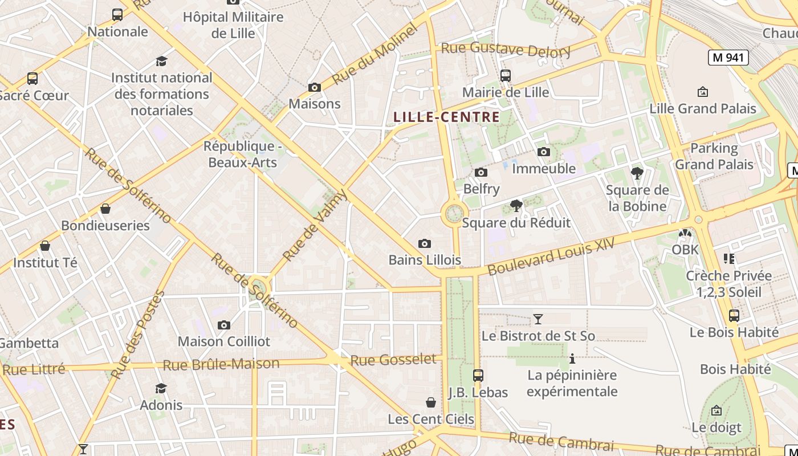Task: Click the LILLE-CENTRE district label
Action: point(446,117)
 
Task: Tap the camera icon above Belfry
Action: point(481,172)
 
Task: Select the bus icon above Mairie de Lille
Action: point(505,75)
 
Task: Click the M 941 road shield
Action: point(728,57)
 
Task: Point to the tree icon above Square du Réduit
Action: point(516,206)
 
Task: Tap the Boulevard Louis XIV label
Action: point(551,256)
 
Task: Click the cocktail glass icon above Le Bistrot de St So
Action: point(538,319)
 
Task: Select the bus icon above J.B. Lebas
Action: point(478,376)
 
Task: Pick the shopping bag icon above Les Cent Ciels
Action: point(431,402)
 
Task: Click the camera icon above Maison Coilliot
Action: point(224,325)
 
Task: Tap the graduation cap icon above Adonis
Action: point(161,388)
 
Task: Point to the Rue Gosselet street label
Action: point(393,360)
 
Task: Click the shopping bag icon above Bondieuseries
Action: point(105,209)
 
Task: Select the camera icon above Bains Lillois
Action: point(425,244)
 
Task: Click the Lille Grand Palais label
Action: point(703,108)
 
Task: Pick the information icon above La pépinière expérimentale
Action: point(572,359)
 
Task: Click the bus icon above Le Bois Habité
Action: point(734,316)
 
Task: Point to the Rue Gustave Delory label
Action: point(506,50)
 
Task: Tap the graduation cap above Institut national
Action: point(162,61)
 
